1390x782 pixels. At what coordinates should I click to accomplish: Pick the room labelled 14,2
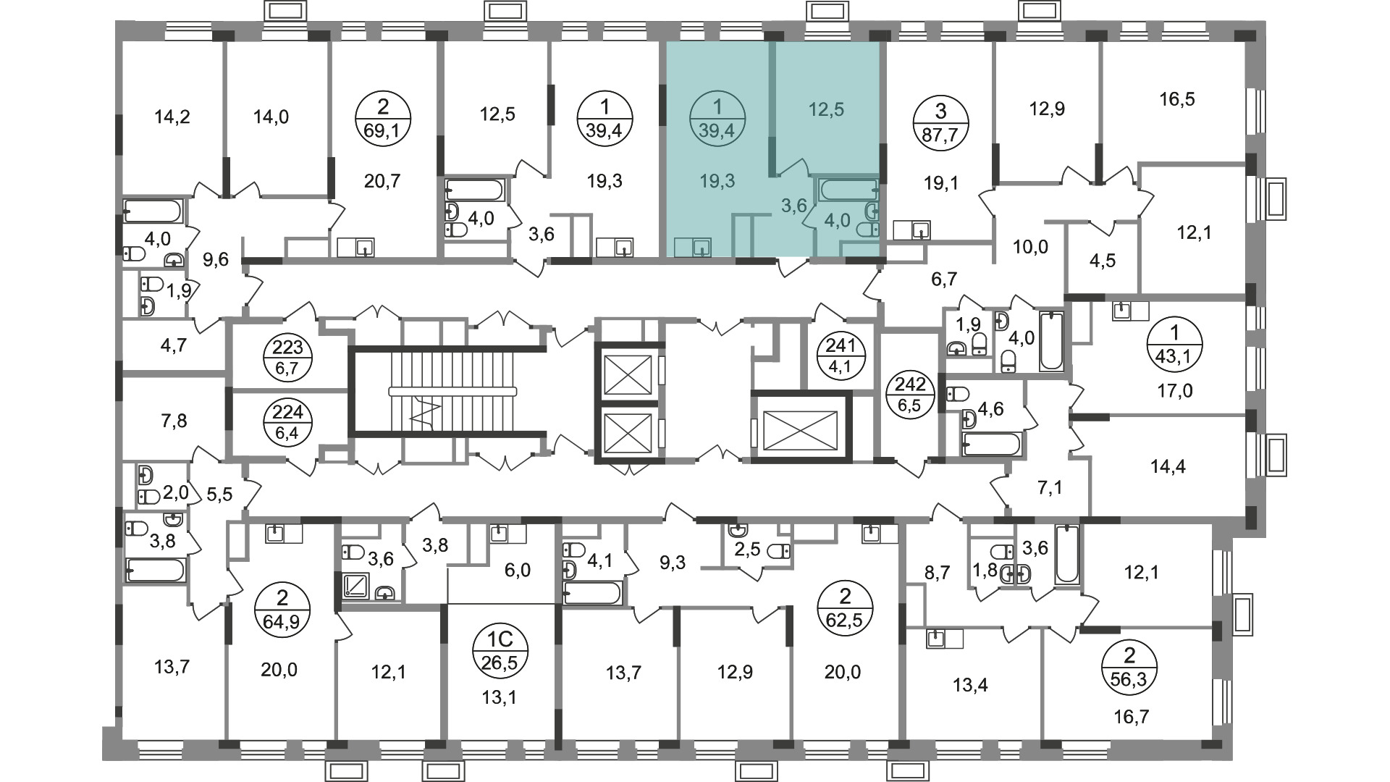click(x=173, y=116)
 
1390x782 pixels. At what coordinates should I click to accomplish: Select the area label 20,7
click(x=383, y=181)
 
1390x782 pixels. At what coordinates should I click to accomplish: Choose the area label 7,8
click(x=172, y=420)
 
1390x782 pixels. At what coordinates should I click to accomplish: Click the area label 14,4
click(x=1168, y=466)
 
